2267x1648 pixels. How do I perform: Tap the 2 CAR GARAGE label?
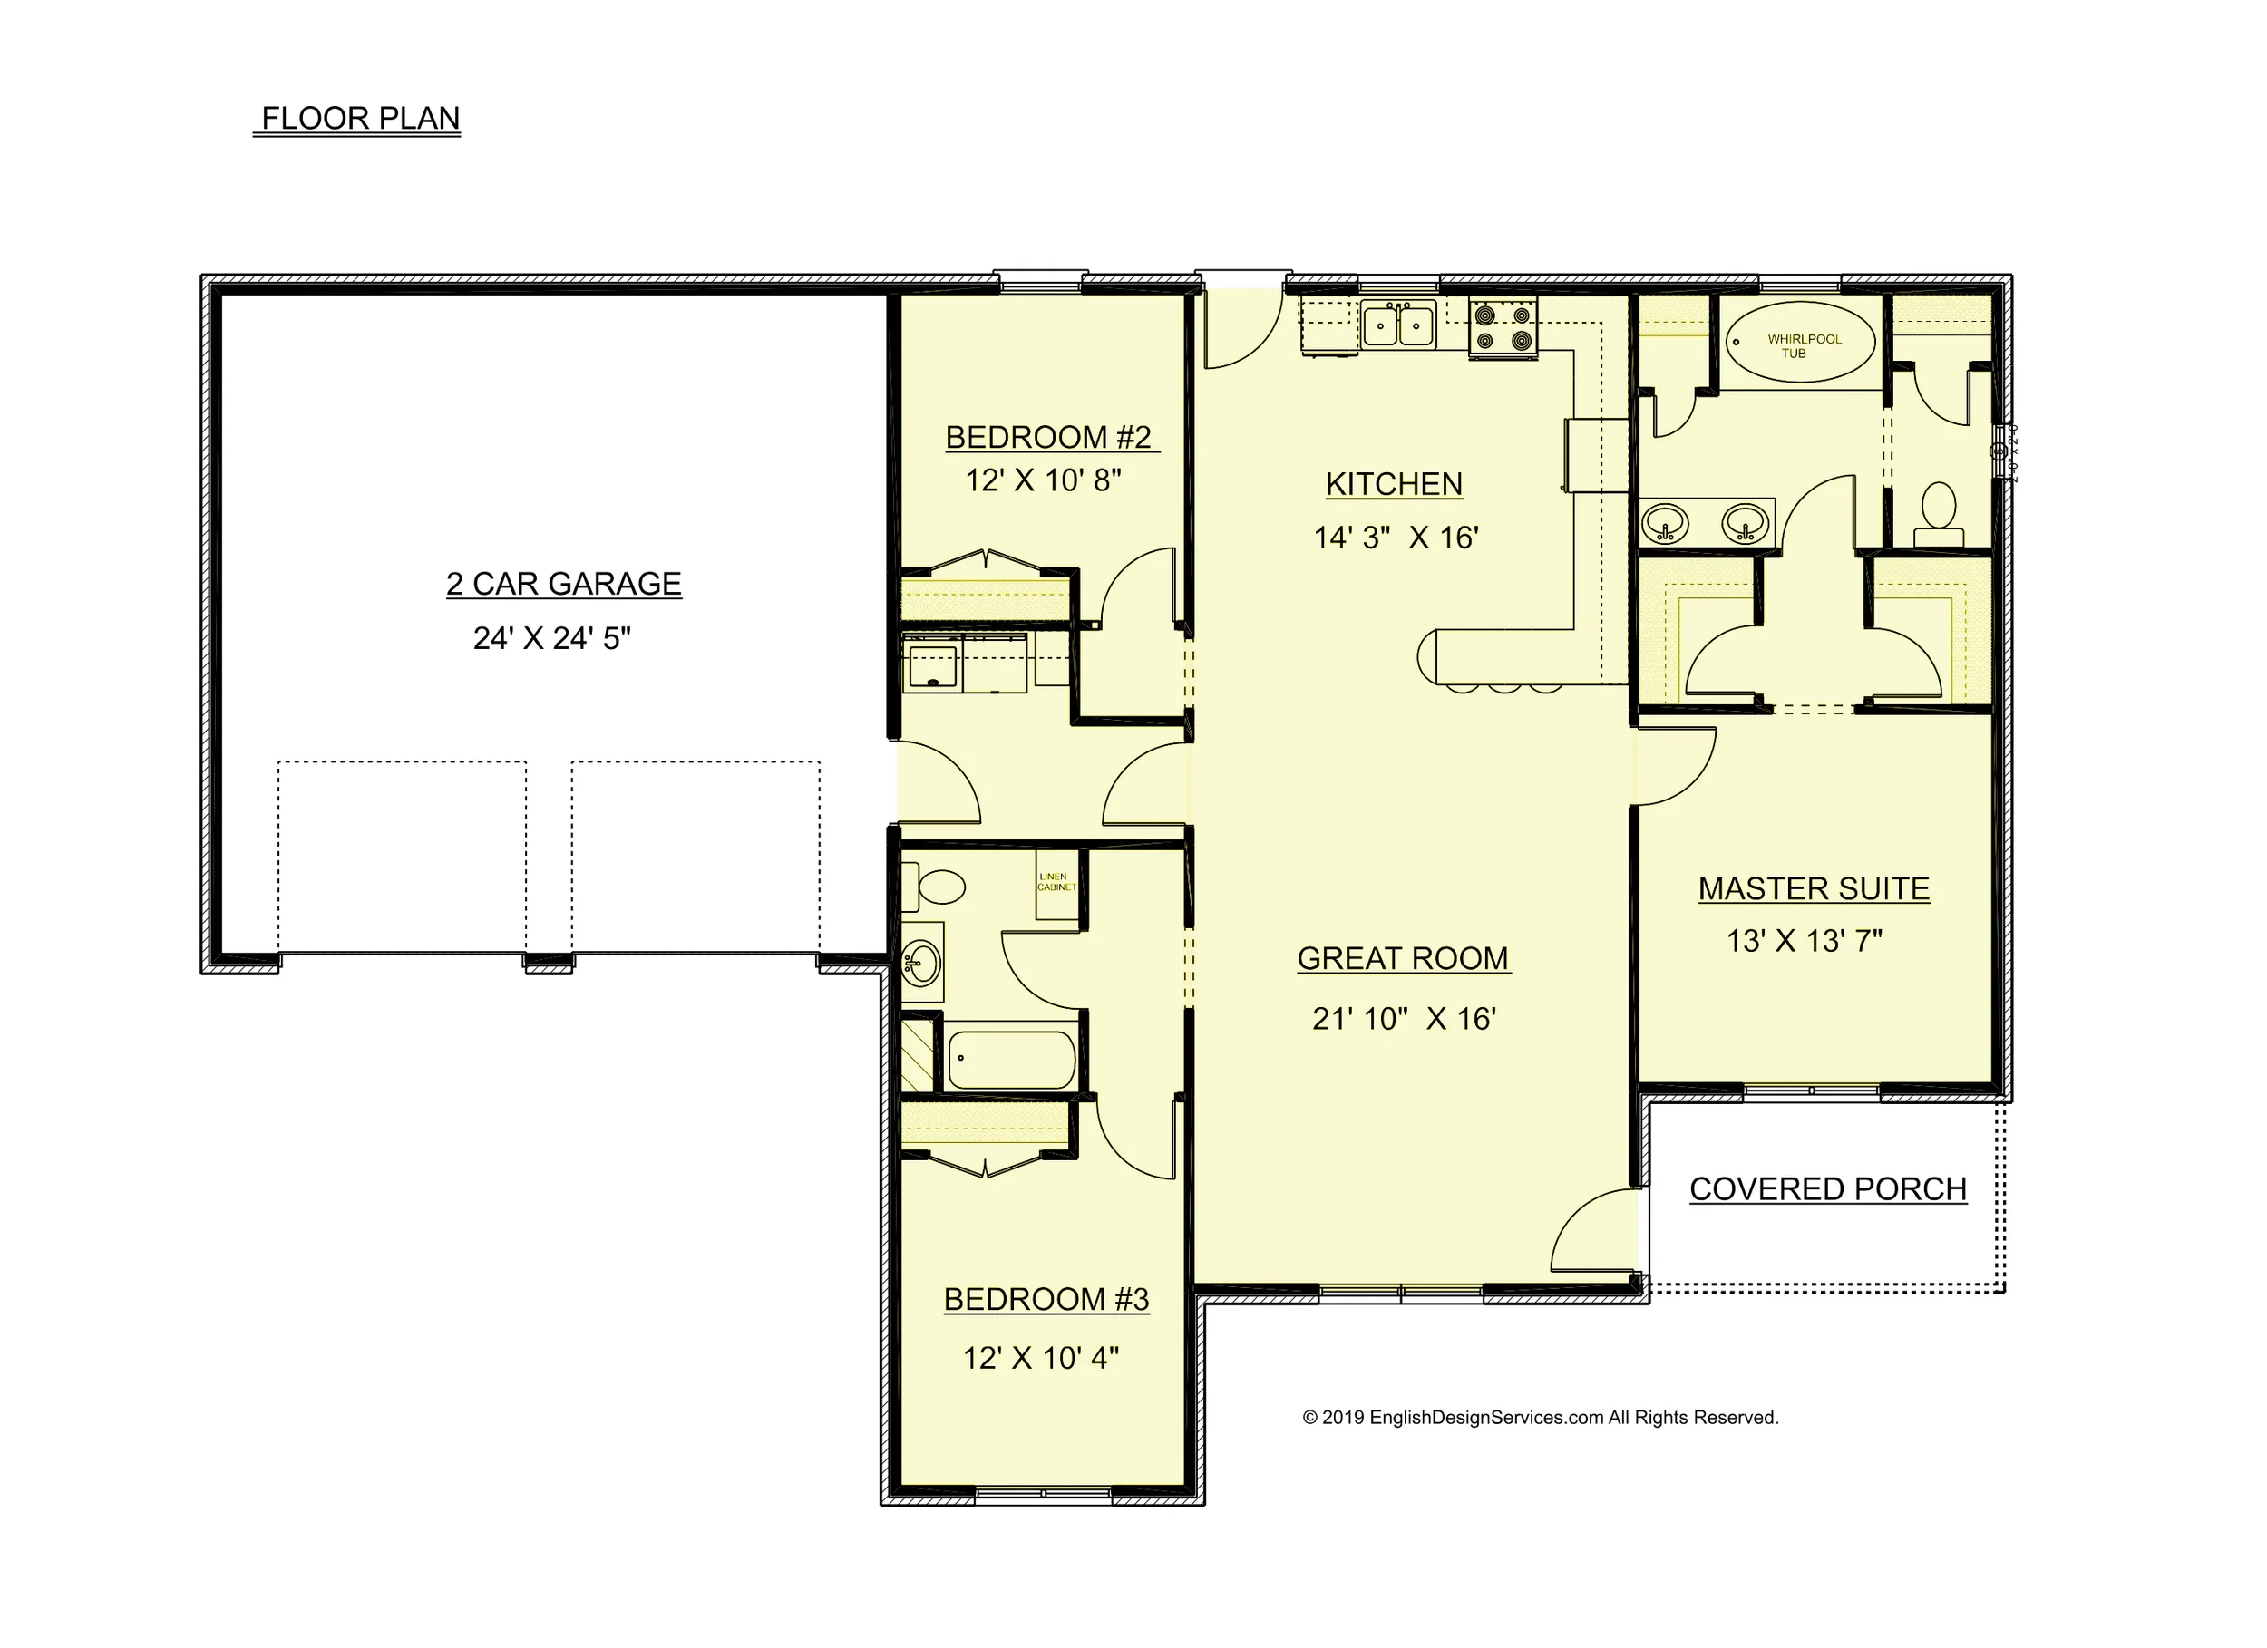pyautogui.click(x=564, y=585)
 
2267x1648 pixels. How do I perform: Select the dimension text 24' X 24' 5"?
pyautogui.click(x=551, y=638)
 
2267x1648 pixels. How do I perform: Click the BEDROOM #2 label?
pyautogui.click(x=1047, y=438)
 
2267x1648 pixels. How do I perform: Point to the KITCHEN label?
pyautogui.click(x=1394, y=485)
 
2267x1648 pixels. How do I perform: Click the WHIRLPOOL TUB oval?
pyautogui.click(x=1800, y=343)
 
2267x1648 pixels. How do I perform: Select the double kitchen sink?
pyautogui.click(x=1397, y=325)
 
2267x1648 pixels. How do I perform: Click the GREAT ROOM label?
pyautogui.click(x=1403, y=959)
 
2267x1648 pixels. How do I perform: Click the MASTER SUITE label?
pyautogui.click(x=1814, y=889)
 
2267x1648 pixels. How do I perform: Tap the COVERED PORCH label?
pyautogui.click(x=1827, y=1189)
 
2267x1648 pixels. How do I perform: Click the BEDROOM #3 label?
pyautogui.click(x=1046, y=1300)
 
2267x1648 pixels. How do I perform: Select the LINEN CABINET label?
pyautogui.click(x=1056, y=882)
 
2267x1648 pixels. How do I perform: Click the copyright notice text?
pyautogui.click(x=1540, y=1418)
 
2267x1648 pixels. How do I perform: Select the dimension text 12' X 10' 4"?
pyautogui.click(x=1040, y=1359)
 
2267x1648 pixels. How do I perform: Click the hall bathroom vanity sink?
pyautogui.click(x=920, y=964)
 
